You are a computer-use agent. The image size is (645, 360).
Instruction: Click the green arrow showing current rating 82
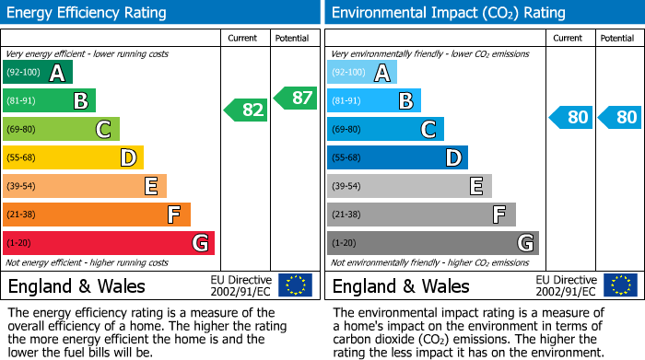pyautogui.click(x=246, y=110)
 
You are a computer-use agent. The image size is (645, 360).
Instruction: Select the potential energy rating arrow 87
pyautogui.click(x=295, y=97)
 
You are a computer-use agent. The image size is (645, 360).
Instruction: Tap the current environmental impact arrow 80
pyautogui.click(x=570, y=117)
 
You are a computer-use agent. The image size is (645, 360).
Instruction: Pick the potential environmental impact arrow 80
pyautogui.click(x=619, y=117)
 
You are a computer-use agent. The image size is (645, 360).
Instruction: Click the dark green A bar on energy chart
pyautogui.click(x=38, y=73)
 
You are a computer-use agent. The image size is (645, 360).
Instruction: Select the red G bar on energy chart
pyautogui.click(x=109, y=243)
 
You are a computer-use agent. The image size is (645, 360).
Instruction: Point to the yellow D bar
pyautogui.click(x=73, y=158)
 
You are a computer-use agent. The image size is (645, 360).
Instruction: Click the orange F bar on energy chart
pyautogui.click(x=97, y=215)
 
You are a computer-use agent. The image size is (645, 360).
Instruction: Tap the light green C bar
pyautogui.click(x=61, y=130)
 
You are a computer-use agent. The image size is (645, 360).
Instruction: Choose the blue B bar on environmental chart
pyautogui.click(x=374, y=101)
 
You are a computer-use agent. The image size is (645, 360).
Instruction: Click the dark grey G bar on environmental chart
pyautogui.click(x=432, y=243)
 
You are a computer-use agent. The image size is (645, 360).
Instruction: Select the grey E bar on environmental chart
pyautogui.click(x=409, y=187)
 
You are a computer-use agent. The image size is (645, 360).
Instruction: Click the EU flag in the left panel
pyautogui.click(x=296, y=285)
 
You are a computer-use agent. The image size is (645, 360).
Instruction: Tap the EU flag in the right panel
pyautogui.click(x=620, y=285)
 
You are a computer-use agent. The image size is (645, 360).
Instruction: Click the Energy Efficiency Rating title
pyautogui.click(x=88, y=13)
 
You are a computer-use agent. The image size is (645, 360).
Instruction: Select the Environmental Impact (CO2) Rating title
pyautogui.click(x=448, y=13)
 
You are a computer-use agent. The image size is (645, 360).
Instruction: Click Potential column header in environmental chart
pyautogui.click(x=617, y=38)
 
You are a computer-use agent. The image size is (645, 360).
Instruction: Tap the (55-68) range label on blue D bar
pyautogui.click(x=347, y=158)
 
